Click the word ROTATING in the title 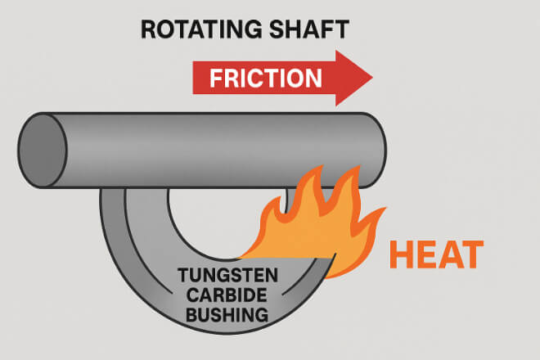pyautogui.click(x=197, y=29)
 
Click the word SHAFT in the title pyautogui.click(x=308, y=29)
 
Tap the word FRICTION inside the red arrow pyautogui.click(x=265, y=79)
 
